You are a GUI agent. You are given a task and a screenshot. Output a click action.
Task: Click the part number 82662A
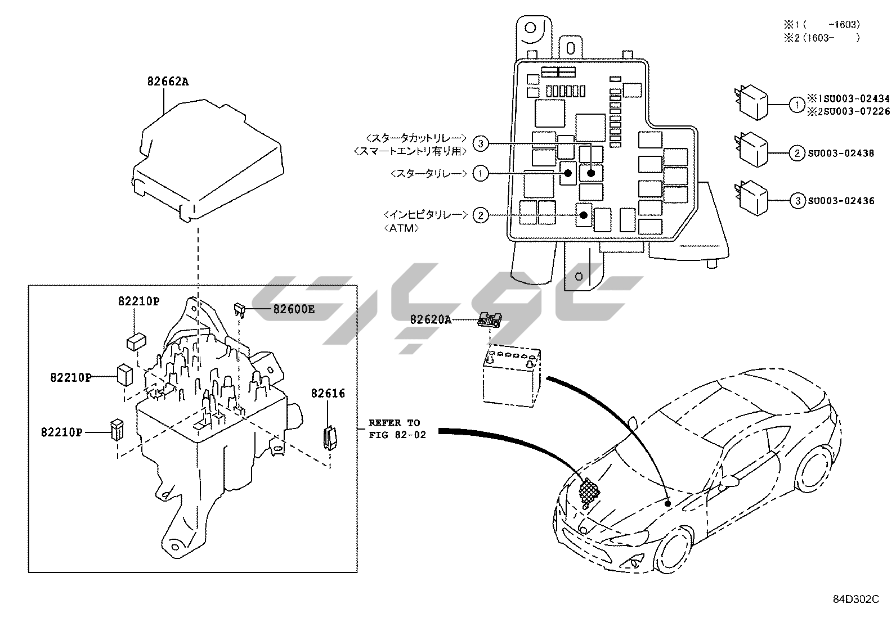[x=168, y=82]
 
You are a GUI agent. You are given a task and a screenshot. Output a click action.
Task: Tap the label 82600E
[x=294, y=309]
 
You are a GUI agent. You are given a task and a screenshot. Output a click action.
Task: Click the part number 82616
[x=328, y=394]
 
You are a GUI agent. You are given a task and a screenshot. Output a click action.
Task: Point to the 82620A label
[x=431, y=319]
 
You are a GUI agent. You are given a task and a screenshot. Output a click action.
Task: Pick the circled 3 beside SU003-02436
[x=797, y=201]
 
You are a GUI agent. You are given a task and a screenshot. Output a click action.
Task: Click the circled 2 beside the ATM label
[x=480, y=215]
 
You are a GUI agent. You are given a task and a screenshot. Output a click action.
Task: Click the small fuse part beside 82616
[x=329, y=437]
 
